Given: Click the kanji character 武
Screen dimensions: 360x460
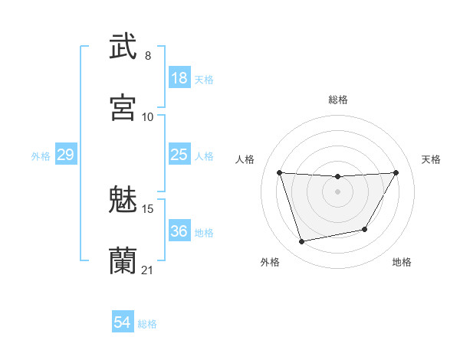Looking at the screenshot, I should click(x=123, y=47).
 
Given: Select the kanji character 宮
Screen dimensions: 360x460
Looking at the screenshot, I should click(x=123, y=107).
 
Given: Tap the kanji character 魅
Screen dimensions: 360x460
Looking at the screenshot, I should click(x=123, y=201).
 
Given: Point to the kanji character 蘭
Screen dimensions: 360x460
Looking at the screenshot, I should click(x=123, y=260).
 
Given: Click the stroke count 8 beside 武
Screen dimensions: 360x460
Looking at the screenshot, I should click(x=148, y=56).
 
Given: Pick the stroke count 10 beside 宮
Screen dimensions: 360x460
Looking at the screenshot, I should click(x=148, y=116).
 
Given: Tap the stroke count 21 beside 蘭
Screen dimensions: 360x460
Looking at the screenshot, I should click(x=148, y=270).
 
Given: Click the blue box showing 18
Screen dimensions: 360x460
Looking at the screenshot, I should click(x=179, y=78).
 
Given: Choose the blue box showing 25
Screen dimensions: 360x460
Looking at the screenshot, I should click(x=179, y=155).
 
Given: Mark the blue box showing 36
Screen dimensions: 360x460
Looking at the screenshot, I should click(x=179, y=231).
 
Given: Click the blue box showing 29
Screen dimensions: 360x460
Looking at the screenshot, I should click(x=65, y=155).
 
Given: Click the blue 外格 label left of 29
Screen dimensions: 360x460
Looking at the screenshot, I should click(x=41, y=155).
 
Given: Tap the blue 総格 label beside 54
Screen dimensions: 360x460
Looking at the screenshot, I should click(x=147, y=324).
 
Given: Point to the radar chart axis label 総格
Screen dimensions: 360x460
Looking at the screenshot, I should click(x=337, y=100).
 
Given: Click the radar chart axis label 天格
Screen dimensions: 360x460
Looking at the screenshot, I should click(x=432, y=159).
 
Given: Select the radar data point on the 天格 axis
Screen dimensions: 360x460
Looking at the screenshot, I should click(x=396, y=172).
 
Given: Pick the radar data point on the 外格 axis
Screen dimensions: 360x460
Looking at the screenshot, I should click(x=302, y=242).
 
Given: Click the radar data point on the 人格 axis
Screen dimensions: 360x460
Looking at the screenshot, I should click(x=280, y=172).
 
